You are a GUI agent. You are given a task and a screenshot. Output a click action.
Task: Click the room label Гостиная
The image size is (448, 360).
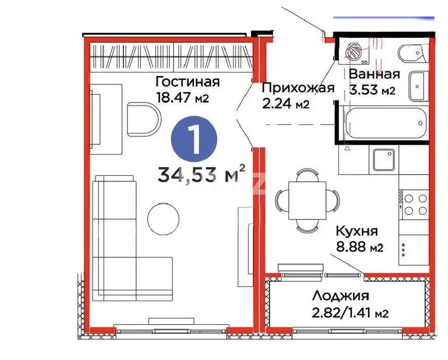click(187, 82)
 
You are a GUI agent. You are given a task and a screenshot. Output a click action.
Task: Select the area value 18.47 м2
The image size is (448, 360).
click(182, 97)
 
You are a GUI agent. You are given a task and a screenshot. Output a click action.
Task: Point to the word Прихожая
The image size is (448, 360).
click(298, 88)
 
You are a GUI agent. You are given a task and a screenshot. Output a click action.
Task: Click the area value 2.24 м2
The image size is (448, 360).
click(285, 104)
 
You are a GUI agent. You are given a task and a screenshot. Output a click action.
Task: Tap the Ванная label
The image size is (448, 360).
click(374, 74)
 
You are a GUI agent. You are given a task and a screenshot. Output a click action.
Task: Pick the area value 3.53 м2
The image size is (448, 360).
click(372, 91)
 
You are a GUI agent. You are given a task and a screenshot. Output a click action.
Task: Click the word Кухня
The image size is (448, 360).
click(357, 232)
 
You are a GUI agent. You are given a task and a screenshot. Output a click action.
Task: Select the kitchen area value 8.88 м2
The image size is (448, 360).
click(359, 248)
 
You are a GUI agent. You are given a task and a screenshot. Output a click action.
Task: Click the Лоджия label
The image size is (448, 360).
click(340, 296)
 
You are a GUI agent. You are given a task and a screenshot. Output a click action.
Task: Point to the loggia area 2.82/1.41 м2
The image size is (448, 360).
click(350, 313)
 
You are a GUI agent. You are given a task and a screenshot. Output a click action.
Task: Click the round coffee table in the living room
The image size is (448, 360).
click(164, 219)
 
